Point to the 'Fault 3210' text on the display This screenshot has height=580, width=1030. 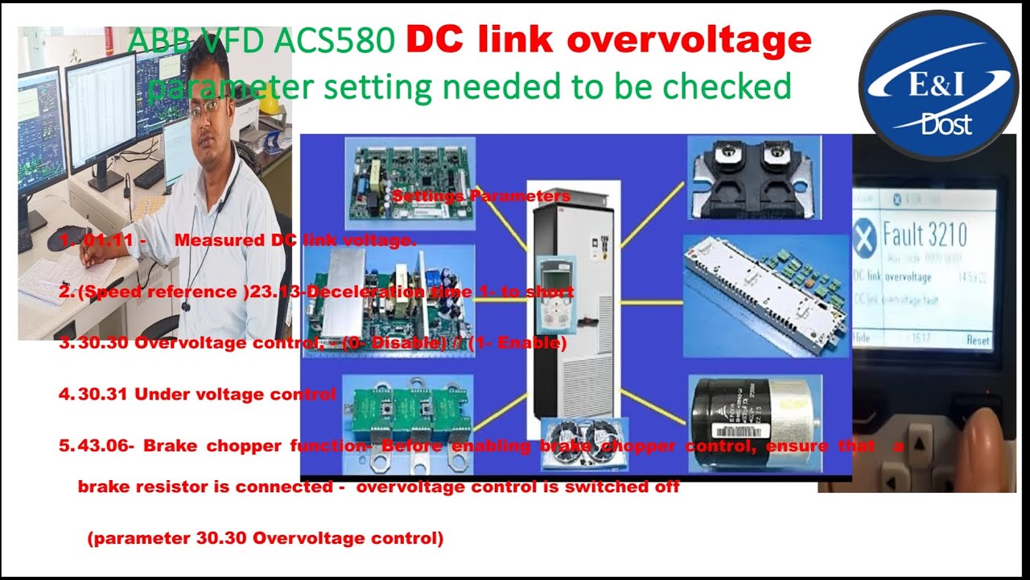(x=925, y=235)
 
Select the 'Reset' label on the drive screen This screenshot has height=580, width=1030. (x=978, y=341)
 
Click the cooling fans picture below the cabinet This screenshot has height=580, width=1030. (x=582, y=442)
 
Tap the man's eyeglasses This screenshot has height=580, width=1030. (x=208, y=109)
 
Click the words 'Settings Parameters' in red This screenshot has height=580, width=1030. (x=481, y=197)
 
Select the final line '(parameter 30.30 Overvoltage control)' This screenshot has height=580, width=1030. (x=265, y=539)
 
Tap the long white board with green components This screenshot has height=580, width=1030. (x=765, y=295)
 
